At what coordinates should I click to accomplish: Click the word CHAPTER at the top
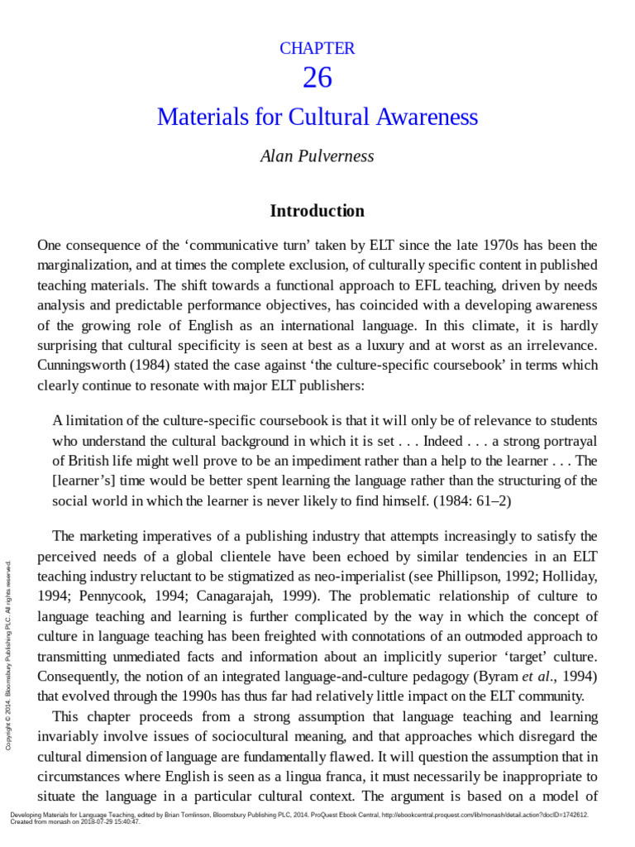(317, 48)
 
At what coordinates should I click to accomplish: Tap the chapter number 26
(317, 78)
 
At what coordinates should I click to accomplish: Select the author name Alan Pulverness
(317, 156)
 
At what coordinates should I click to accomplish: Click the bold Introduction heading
(317, 211)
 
